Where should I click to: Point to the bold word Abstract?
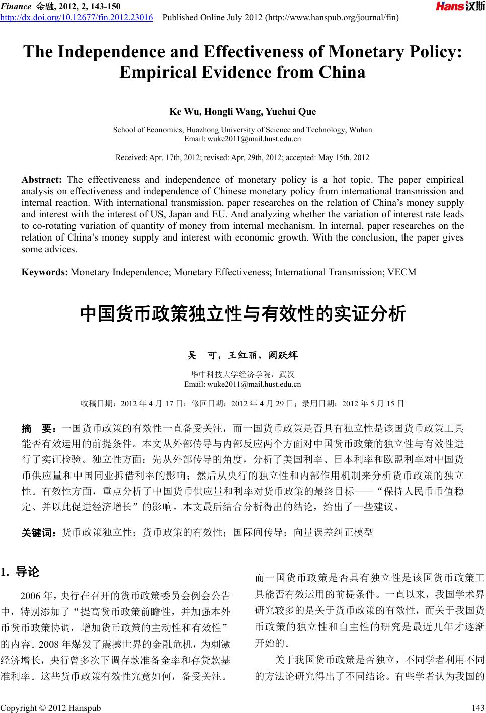41,180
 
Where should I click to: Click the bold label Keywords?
45,272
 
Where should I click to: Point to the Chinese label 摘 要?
39,429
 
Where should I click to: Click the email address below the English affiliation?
242,138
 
